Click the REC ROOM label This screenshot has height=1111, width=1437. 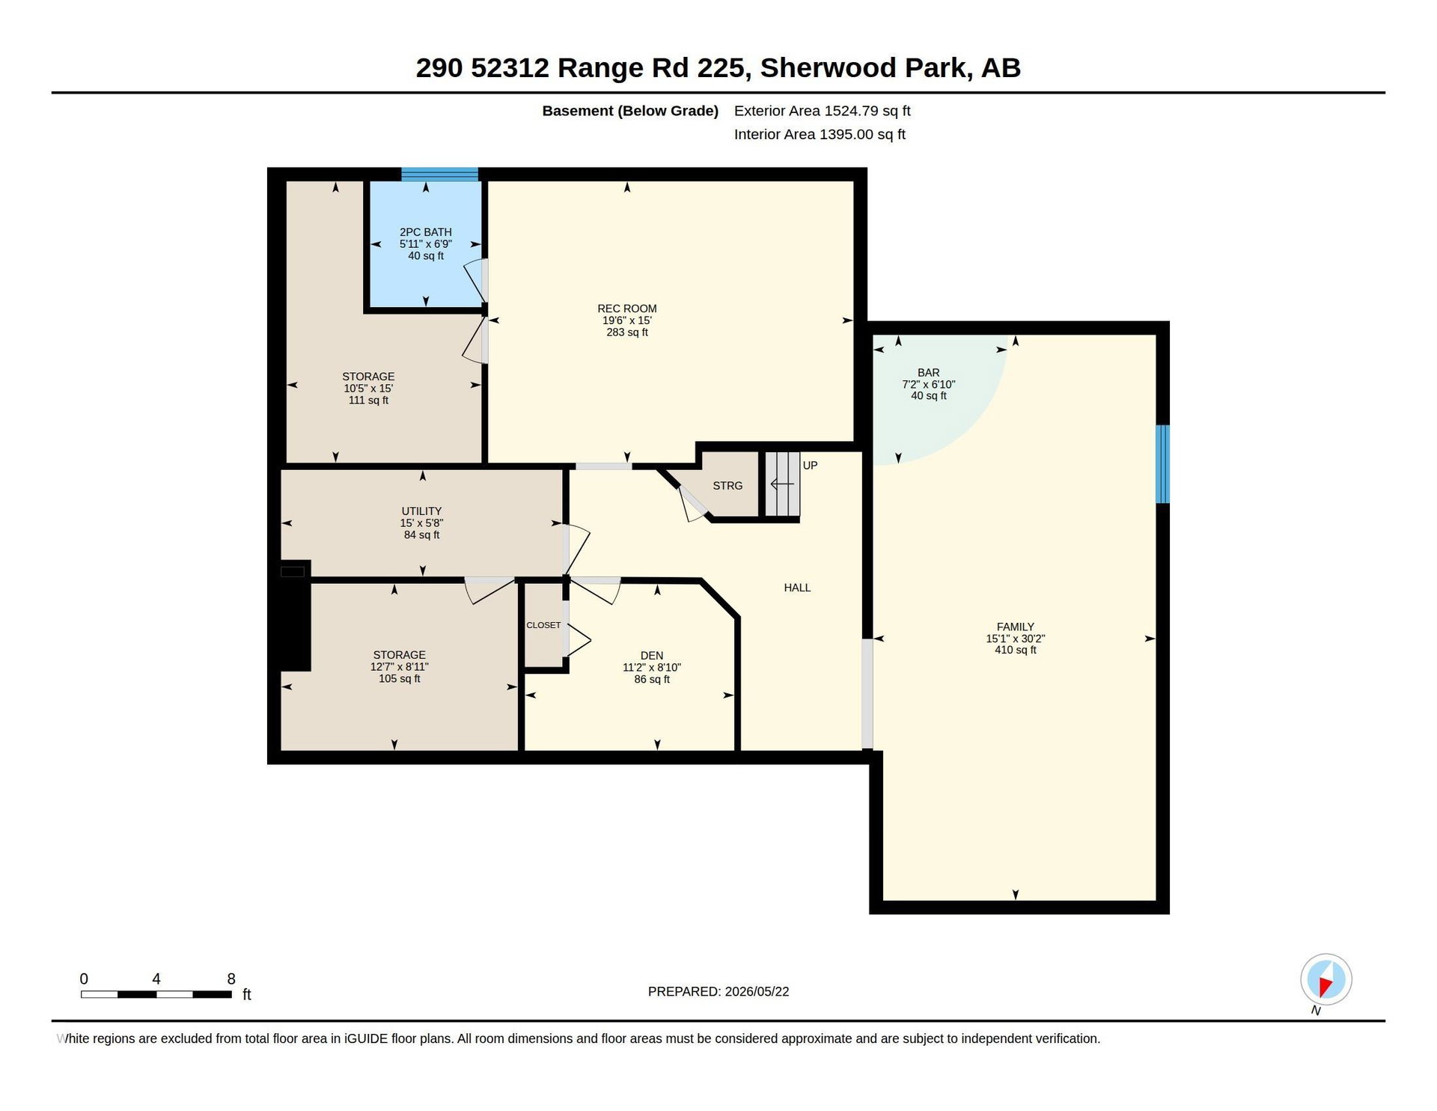pos(627,308)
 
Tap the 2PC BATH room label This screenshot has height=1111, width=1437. pos(426,232)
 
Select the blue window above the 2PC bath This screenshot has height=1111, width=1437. pos(439,174)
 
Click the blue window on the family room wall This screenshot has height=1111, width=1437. pos(1162,464)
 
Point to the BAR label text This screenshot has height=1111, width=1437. pos(929,373)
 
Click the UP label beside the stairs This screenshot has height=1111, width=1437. pos(810,466)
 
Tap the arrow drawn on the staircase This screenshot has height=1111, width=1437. pos(782,484)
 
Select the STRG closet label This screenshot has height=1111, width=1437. pos(727,486)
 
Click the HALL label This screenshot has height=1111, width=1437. pos(797,588)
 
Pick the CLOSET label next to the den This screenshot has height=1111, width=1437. pos(543,625)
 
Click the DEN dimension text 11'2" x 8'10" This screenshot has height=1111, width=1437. pos(652,668)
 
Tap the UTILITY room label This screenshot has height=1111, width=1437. pos(421,511)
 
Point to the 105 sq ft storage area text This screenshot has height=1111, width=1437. pos(400,679)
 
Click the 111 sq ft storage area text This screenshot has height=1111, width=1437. pos(368,401)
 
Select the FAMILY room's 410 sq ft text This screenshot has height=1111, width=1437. pos(1016,650)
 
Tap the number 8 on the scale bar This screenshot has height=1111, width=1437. pos(231,979)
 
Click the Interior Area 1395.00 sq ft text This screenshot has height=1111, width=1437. pos(820,135)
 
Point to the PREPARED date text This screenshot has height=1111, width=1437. pos(718,992)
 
